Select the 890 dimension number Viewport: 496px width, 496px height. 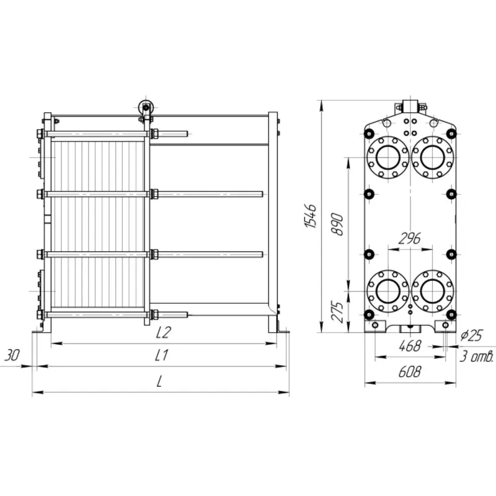coord(337,224)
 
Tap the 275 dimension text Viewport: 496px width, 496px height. coord(337,312)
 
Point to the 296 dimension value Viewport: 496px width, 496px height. coord(410,239)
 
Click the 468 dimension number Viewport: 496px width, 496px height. coord(410,346)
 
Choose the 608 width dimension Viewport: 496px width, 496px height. coord(410,371)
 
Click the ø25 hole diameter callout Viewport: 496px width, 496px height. coord(471,335)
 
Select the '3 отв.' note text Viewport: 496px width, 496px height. coord(476,356)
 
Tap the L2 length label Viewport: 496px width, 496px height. coord(163,332)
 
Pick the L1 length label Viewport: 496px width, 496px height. coord(161,355)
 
